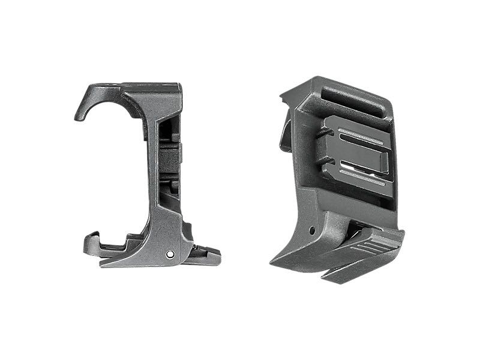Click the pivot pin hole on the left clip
click(171, 254)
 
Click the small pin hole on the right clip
click(311, 230)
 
